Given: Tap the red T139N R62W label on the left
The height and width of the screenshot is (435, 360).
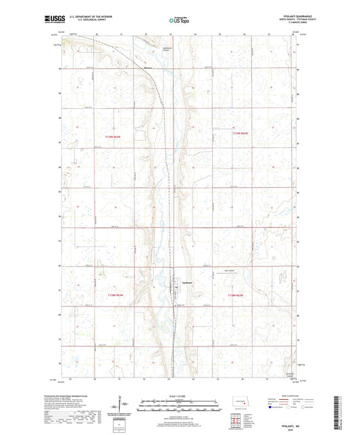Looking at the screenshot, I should click(x=113, y=137).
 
